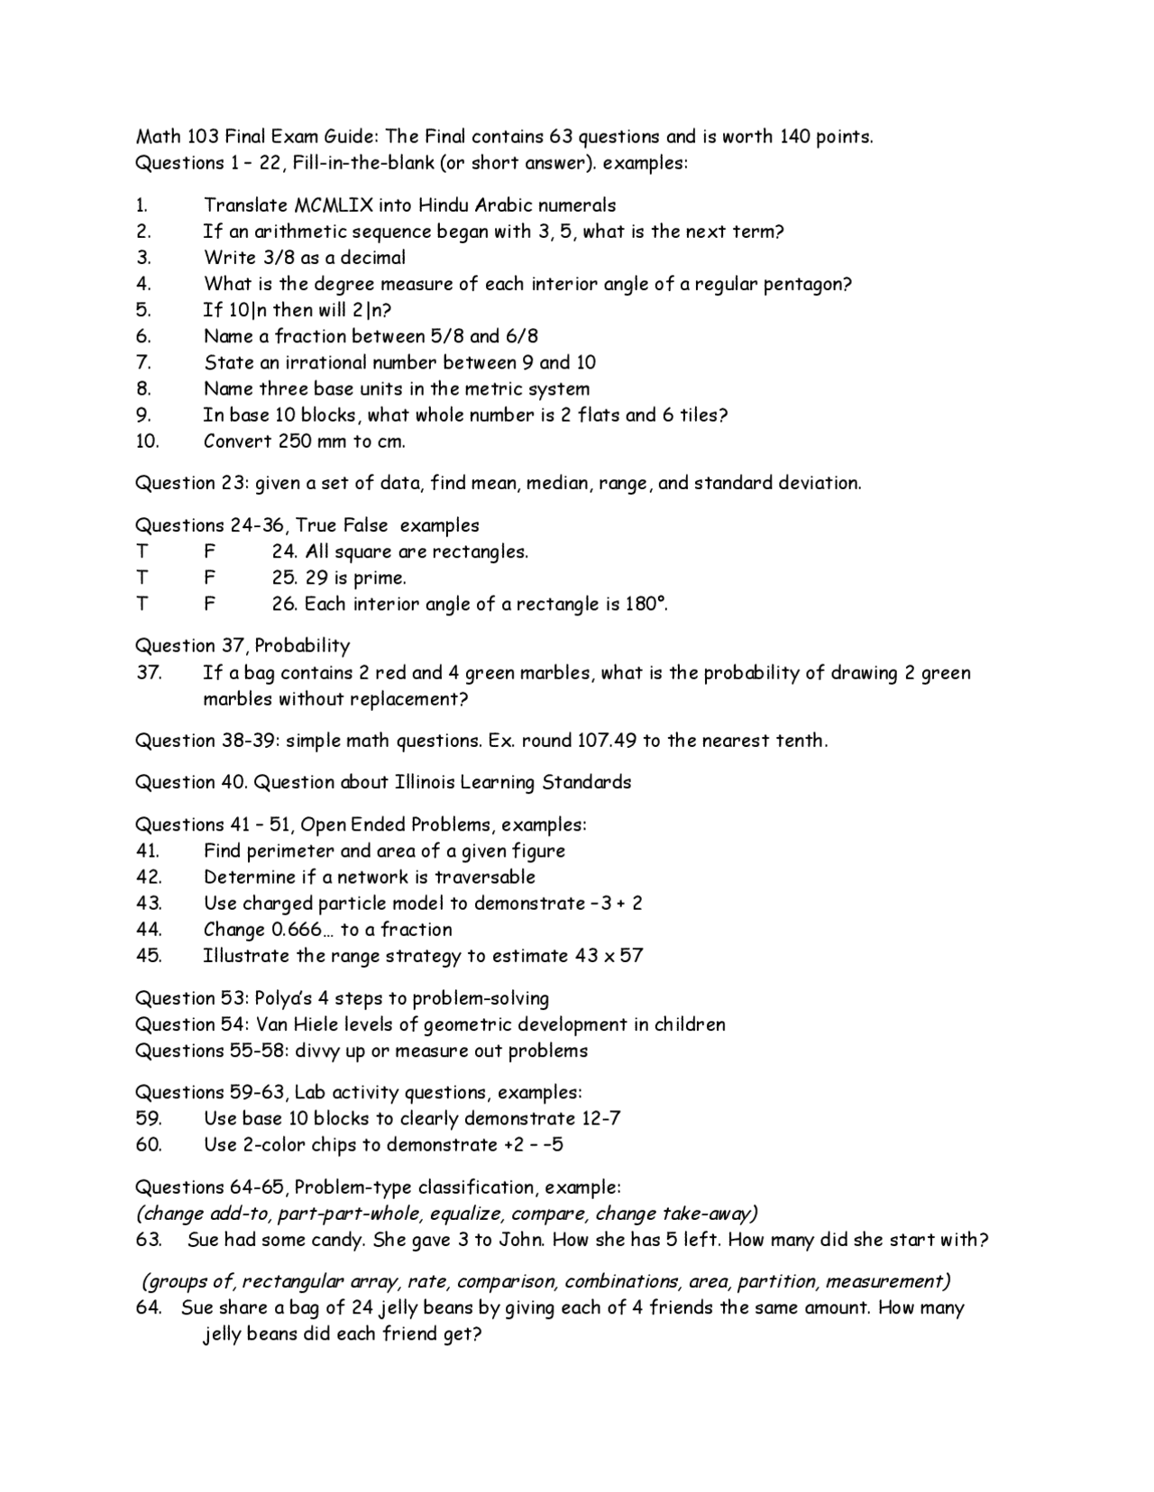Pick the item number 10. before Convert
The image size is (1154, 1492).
147,441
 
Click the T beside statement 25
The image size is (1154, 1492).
142,578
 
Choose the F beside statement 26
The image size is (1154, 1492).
209,604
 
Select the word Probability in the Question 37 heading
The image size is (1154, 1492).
302,645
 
